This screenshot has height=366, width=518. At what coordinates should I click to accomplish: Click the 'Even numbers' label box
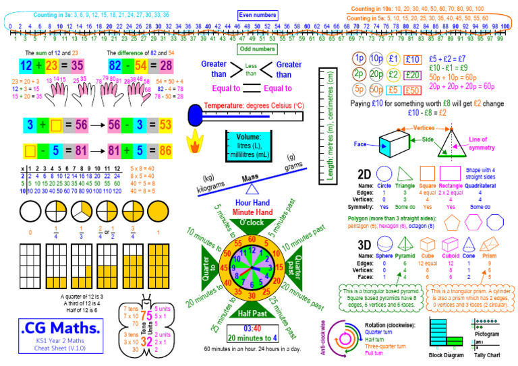258,15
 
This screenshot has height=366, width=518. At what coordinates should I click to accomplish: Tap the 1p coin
359,59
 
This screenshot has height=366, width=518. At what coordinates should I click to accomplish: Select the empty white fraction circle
29,212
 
